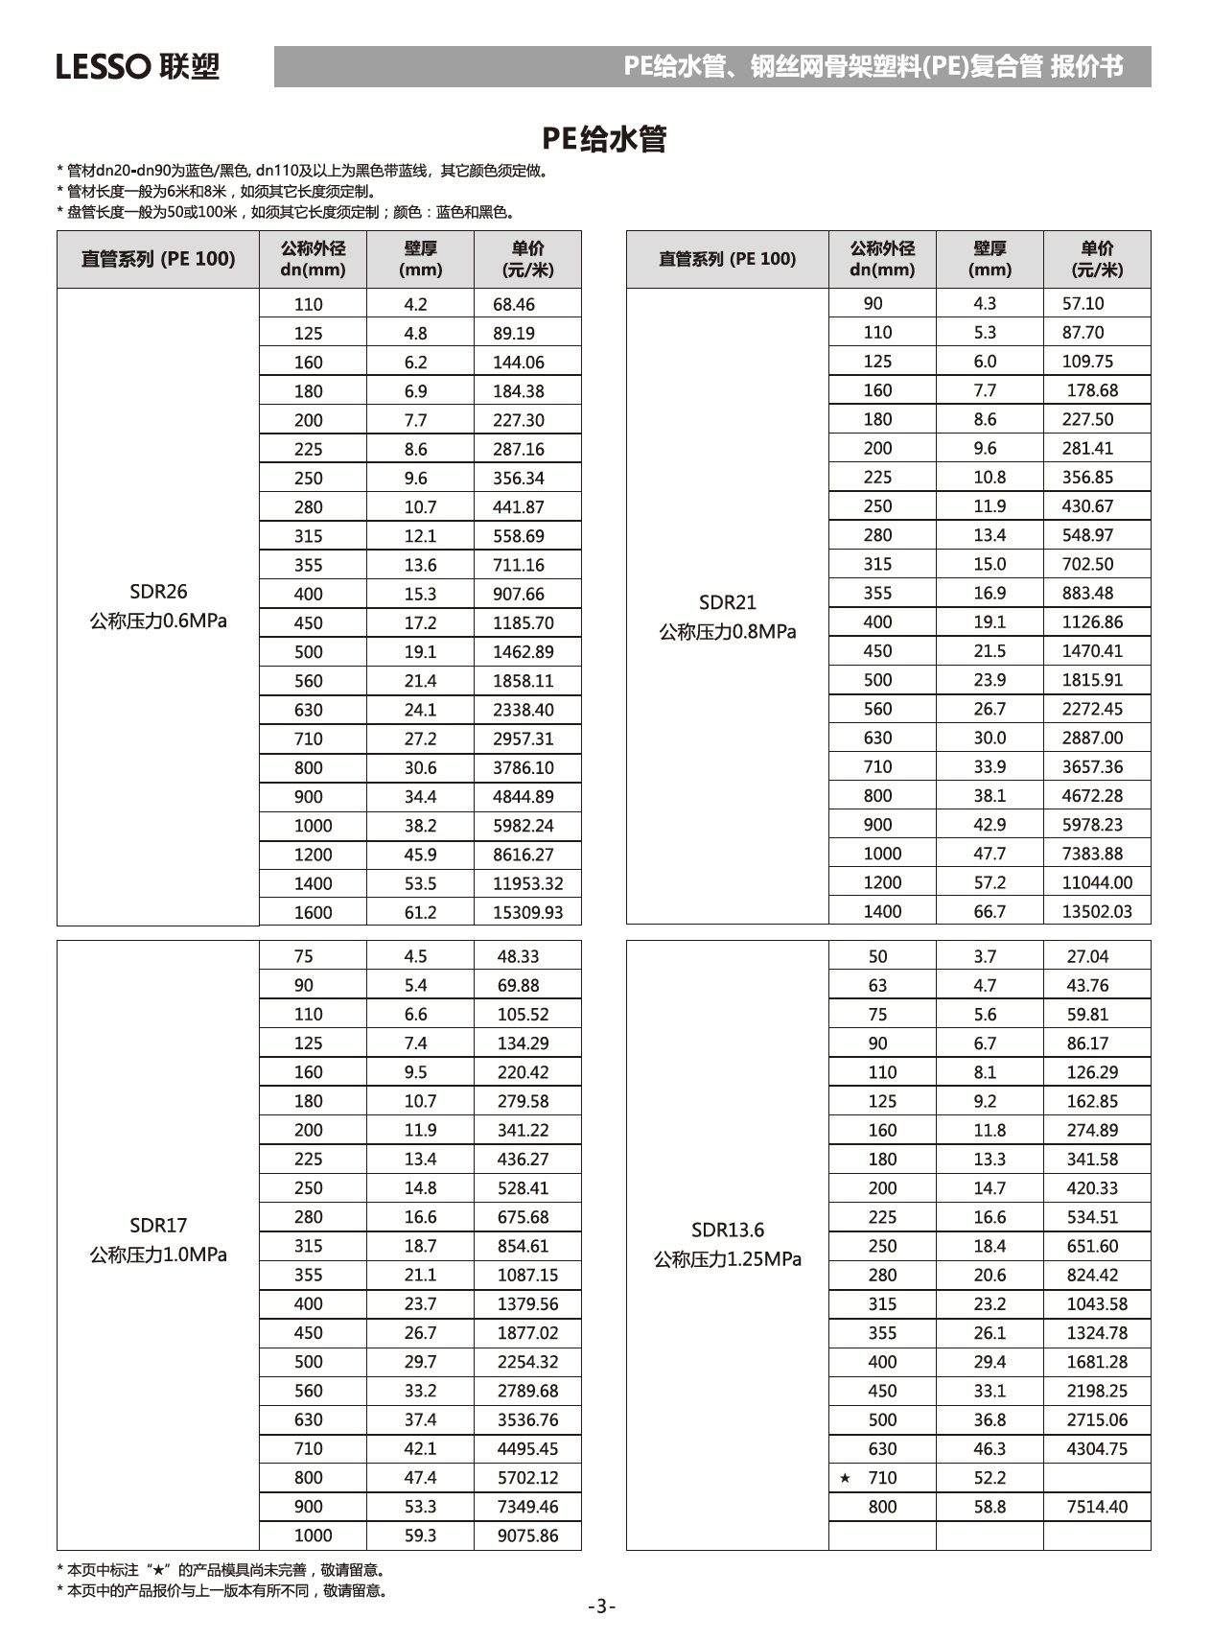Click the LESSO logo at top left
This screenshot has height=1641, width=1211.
point(137,66)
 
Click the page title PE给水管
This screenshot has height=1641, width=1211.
point(604,139)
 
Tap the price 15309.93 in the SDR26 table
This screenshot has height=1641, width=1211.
point(527,912)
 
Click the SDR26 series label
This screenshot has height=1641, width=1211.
point(158,592)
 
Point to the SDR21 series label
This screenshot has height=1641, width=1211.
point(727,602)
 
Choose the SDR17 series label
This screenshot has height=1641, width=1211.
point(158,1225)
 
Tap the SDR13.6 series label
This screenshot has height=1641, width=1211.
point(727,1230)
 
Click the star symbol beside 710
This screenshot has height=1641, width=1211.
point(845,1478)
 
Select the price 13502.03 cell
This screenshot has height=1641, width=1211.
point(1097,911)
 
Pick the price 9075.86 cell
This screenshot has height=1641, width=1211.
point(527,1536)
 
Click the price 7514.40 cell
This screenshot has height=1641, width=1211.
point(1097,1507)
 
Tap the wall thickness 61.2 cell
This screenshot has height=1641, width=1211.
point(420,912)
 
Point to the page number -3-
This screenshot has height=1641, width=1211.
point(602,1606)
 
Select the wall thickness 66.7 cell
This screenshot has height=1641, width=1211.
point(990,911)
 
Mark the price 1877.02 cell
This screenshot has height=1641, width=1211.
point(527,1332)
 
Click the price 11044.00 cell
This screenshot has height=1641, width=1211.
point(1097,882)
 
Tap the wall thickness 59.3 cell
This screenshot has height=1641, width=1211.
point(420,1536)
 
